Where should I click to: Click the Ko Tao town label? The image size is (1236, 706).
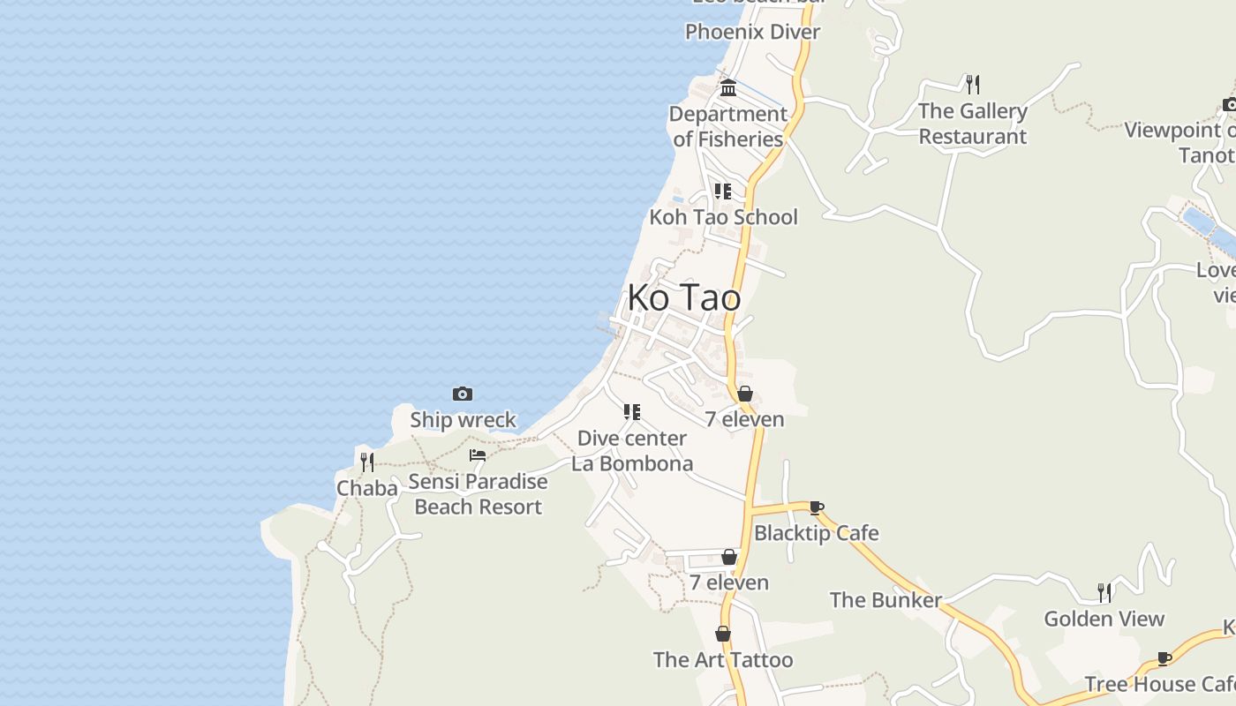[x=684, y=298]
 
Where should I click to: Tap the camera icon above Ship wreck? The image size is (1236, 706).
[x=462, y=394]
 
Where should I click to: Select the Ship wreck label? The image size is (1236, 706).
[x=463, y=419]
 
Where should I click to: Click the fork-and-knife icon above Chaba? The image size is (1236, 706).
[x=366, y=462]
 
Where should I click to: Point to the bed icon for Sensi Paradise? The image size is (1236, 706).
[x=478, y=455]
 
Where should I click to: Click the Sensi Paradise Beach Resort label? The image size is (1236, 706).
[x=478, y=494]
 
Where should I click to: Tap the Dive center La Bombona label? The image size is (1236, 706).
[x=632, y=451]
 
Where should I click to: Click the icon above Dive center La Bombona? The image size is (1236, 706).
[x=631, y=412]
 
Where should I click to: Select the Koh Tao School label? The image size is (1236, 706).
[x=723, y=217]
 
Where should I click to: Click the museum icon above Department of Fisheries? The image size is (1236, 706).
[x=728, y=87]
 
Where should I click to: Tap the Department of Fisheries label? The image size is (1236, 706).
[x=728, y=126]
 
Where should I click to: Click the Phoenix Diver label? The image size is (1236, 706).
[x=753, y=32]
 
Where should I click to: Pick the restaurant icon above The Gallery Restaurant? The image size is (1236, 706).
[x=973, y=84]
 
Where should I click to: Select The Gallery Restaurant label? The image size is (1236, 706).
[x=973, y=124]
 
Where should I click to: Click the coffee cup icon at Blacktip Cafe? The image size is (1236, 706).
[x=817, y=507]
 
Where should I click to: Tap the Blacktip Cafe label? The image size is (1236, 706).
[x=817, y=533]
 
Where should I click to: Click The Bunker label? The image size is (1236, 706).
[x=886, y=600]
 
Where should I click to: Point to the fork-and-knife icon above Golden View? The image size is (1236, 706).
[x=1104, y=592]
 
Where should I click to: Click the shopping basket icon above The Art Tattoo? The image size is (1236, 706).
[x=723, y=634]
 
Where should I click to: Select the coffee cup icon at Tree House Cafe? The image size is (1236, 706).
[x=1164, y=658]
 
